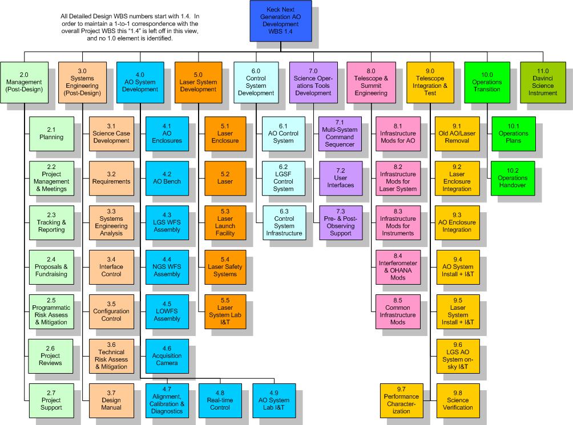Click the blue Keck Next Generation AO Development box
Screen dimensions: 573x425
(x=281, y=21)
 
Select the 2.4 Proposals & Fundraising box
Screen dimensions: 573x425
(x=51, y=268)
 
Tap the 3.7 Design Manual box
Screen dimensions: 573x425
(x=111, y=400)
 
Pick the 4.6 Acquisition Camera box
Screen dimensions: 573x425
(x=167, y=356)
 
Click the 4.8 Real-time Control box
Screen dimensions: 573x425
(x=220, y=400)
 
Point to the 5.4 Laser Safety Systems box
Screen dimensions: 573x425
(x=225, y=268)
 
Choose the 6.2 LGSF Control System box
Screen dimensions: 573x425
(x=283, y=178)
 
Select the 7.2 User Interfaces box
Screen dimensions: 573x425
(x=341, y=178)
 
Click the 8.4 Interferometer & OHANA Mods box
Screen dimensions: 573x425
(x=398, y=268)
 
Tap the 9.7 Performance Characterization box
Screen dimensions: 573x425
(x=402, y=400)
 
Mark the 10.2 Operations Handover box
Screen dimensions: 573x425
(x=513, y=178)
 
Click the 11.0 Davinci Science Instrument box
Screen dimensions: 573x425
(x=543, y=83)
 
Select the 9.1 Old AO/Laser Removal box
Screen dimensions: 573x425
(x=457, y=134)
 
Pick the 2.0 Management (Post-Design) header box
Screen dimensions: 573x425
(x=24, y=83)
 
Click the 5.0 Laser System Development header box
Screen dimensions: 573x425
(x=199, y=83)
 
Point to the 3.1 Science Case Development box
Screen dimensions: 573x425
(x=111, y=134)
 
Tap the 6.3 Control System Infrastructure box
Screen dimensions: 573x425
(x=284, y=222)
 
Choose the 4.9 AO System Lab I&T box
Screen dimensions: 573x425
(x=274, y=400)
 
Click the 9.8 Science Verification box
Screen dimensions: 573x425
(x=458, y=400)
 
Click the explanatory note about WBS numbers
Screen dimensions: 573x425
(x=130, y=27)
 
